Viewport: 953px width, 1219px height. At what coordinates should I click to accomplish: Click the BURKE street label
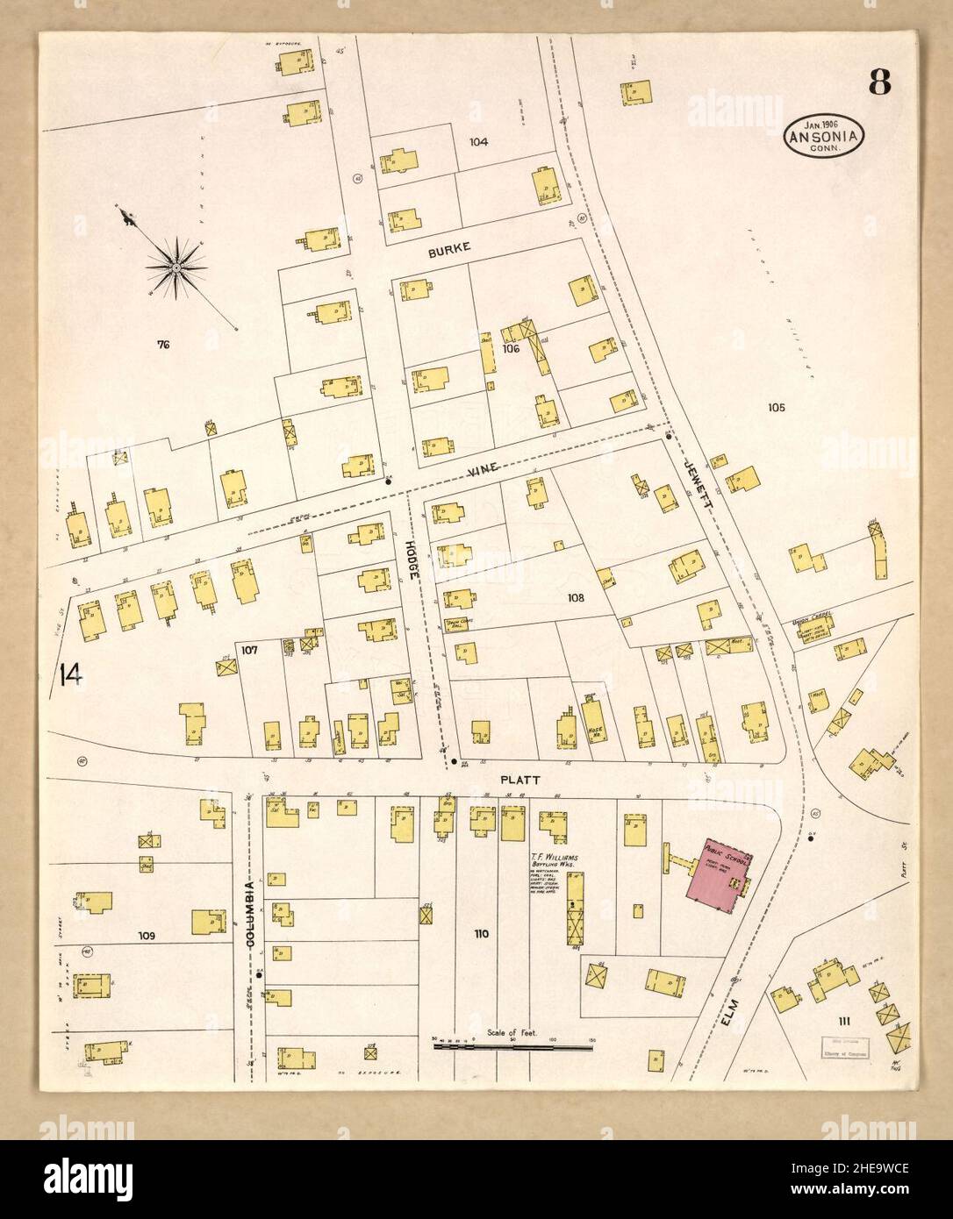pyautogui.click(x=449, y=249)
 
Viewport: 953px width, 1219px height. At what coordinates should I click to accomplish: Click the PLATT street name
pyautogui.click(x=519, y=779)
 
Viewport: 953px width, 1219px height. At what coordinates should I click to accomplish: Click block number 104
pyautogui.click(x=477, y=142)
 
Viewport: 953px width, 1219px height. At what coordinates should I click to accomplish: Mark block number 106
pyautogui.click(x=512, y=348)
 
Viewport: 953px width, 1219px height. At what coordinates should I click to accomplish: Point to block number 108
pyautogui.click(x=575, y=598)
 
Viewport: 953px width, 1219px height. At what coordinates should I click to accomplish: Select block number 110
pyautogui.click(x=481, y=934)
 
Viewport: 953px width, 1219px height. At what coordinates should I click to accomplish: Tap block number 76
pyautogui.click(x=162, y=345)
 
